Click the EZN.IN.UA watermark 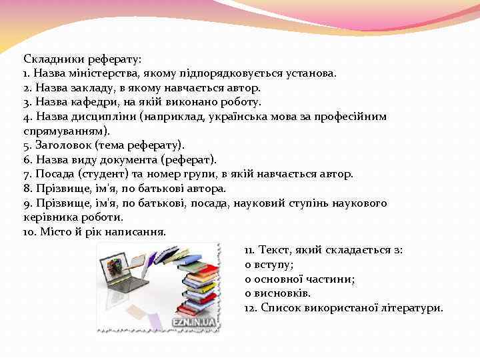[x=194, y=321]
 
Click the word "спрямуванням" [x=62, y=131]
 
